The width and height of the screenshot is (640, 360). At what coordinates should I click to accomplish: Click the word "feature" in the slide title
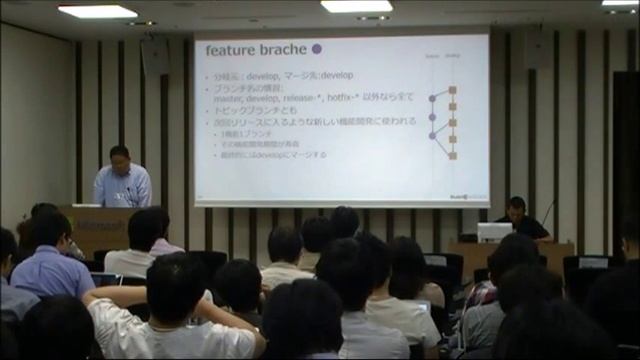(232, 49)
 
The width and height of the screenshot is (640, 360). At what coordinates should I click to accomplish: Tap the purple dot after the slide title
(317, 48)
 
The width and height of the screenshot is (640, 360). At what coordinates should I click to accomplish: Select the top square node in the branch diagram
(452, 90)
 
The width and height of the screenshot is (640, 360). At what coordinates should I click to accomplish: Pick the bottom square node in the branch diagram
(452, 155)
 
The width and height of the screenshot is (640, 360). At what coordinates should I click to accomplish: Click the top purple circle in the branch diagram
(432, 99)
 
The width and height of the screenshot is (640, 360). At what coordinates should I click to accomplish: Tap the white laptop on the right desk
(494, 232)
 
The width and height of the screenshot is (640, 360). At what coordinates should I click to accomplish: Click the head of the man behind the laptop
(516, 207)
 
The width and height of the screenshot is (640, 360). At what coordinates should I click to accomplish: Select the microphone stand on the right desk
(545, 215)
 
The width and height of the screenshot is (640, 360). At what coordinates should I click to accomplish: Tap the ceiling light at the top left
(97, 11)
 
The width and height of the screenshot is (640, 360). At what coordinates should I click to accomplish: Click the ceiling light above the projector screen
(356, 6)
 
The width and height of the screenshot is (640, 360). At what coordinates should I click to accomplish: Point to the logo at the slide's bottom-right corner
(469, 196)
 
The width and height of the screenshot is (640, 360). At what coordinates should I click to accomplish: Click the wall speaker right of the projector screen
(535, 50)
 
